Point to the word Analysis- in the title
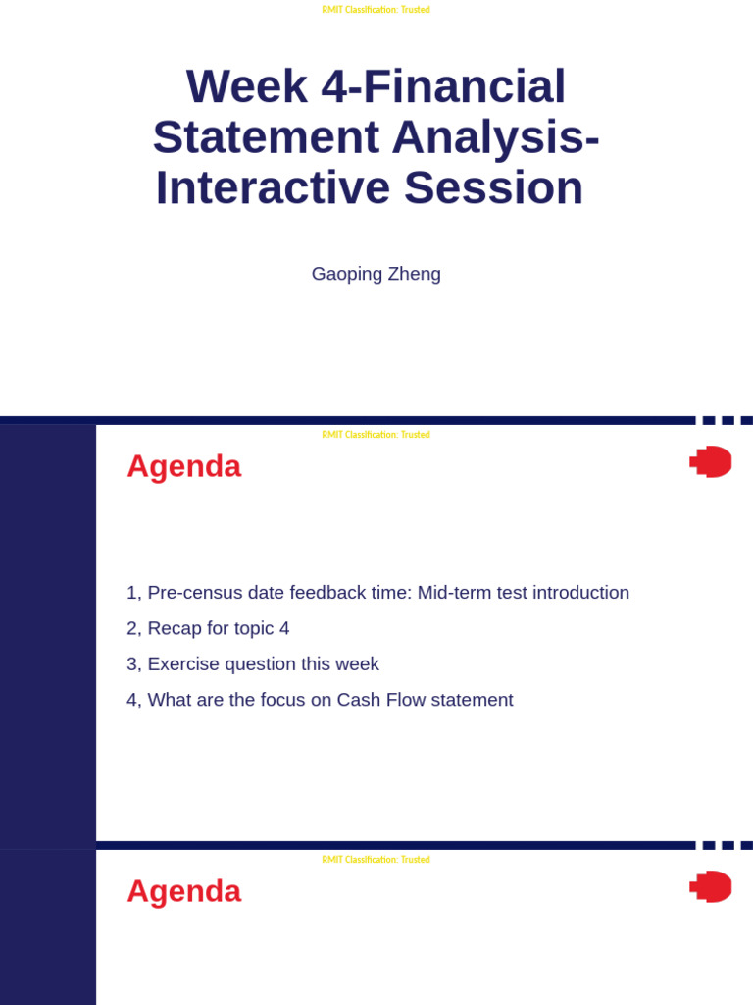(495, 137)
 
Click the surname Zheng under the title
(415, 274)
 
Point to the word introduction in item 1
(580, 593)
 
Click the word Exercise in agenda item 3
(183, 664)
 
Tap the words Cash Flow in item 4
(379, 700)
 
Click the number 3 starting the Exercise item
(132, 664)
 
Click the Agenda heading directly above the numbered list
(183, 466)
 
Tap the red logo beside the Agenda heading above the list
(711, 461)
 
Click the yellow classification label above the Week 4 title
(376, 10)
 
